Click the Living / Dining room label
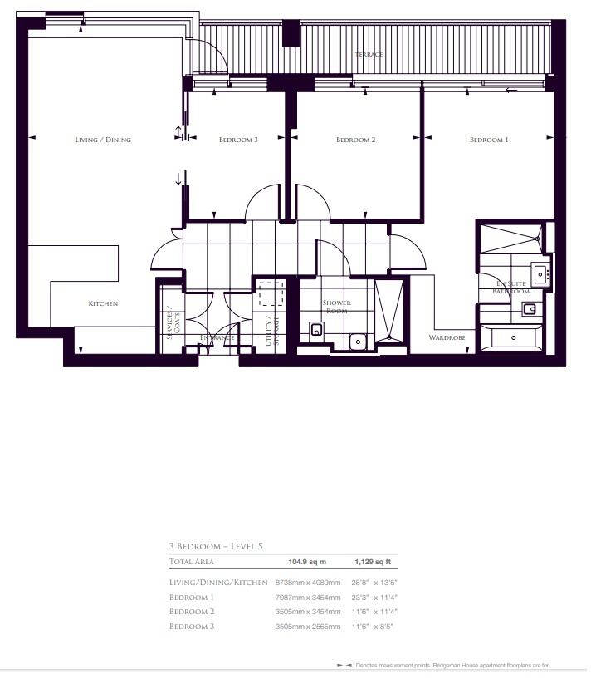103,140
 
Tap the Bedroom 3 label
238,140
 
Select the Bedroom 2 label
356,140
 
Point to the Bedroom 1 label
489,140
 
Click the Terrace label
369,54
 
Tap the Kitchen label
103,303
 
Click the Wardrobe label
445,338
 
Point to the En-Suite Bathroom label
511,288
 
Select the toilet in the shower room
317,330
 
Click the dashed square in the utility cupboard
271,295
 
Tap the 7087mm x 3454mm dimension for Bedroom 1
302,597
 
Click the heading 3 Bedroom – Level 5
216,546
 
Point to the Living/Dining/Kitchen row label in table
217,583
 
